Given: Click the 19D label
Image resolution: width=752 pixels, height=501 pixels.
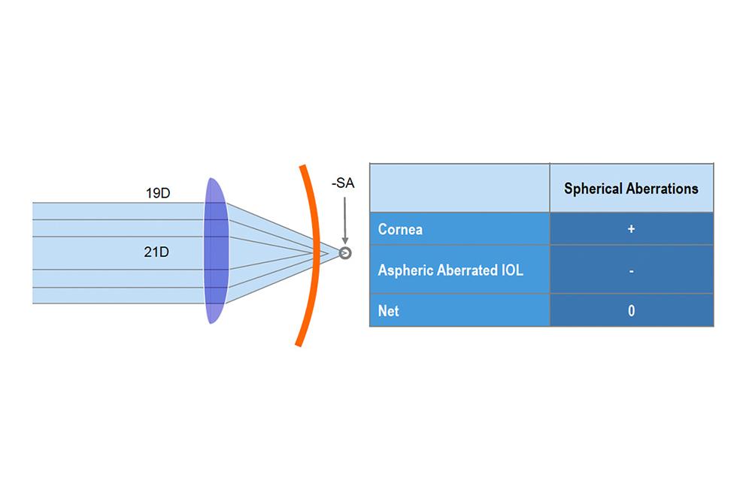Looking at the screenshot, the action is pos(158,193).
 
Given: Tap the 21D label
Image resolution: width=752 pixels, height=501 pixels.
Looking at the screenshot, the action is pos(156,252).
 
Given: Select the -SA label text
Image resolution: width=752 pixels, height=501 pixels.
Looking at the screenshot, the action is pos(343,183).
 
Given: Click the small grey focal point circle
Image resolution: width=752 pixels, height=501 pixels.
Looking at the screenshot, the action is pos(345,253).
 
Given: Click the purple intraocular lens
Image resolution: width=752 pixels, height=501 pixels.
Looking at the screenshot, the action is pos(216,251).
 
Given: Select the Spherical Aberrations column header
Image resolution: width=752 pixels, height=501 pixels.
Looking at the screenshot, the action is pos(631,189).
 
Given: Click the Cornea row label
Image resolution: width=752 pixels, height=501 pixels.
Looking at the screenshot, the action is pos(400,229).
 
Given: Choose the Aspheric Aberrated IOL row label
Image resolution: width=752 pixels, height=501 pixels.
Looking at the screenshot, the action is pos(450,270).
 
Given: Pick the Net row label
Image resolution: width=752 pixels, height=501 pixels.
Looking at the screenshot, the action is pos(388,311).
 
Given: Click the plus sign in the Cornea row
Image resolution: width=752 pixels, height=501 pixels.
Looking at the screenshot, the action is pos(631,229).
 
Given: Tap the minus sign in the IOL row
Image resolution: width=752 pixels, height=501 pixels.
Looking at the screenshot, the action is pos(631,271).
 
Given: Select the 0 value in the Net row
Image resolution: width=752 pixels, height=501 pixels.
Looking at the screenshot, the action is pos(631,311).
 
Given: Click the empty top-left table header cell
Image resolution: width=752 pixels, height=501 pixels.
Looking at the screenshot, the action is pos(459,188).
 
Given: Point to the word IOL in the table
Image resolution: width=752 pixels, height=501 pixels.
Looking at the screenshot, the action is pos(512,270).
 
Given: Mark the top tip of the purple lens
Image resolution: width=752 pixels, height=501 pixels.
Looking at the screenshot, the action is pos(211,178).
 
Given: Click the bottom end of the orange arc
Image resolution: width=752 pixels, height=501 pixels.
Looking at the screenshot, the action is pos(298,345).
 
